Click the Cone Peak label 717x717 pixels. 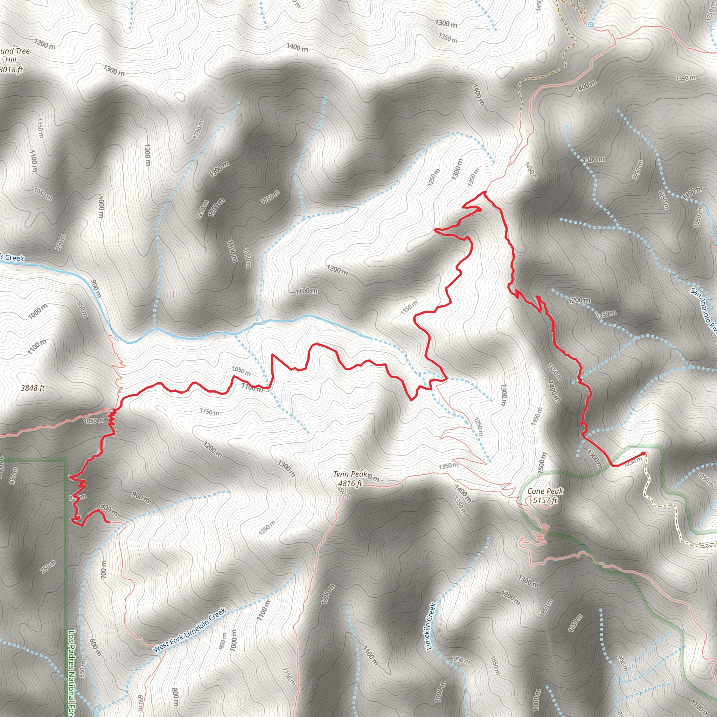tap(545, 491)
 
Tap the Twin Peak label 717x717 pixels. tap(350, 474)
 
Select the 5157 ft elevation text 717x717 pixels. tap(545, 501)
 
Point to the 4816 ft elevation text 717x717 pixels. tap(350, 483)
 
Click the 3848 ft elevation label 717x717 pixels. tap(33, 388)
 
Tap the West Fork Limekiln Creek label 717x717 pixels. tap(189, 630)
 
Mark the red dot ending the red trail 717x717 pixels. tap(643, 454)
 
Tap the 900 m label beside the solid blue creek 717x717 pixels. tap(95, 289)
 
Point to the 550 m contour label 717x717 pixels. tap(82, 669)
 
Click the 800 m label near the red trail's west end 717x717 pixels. tap(109, 511)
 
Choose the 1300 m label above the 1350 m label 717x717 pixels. tap(446, 24)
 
